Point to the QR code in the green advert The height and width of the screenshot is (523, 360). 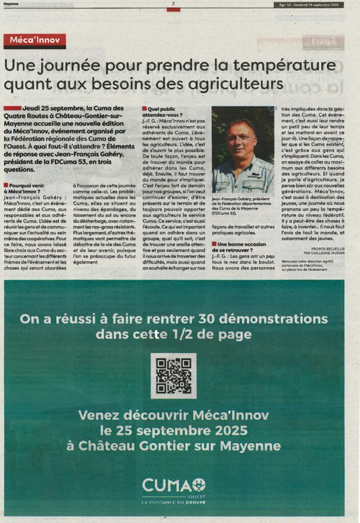(174, 376)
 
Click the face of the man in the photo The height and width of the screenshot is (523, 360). (241, 140)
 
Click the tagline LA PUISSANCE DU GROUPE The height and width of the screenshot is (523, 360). (174, 503)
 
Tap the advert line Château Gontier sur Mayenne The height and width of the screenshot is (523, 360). (174, 446)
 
